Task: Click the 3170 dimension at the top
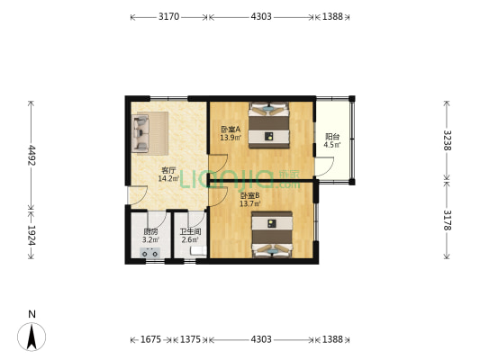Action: [168, 16]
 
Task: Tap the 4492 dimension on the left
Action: [32, 156]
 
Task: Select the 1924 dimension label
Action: [32, 235]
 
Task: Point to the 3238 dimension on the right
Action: [448, 140]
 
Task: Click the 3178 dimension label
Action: [448, 220]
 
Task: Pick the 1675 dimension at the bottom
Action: [150, 339]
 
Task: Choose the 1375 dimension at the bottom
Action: [190, 339]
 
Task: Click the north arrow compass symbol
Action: [32, 337]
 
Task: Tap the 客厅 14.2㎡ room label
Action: [168, 175]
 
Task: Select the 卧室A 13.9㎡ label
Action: [231, 133]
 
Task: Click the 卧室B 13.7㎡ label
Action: [250, 200]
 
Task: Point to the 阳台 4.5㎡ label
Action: [332, 140]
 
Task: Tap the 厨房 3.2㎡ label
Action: [150, 236]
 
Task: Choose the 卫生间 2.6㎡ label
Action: [190, 236]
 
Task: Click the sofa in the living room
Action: [140, 133]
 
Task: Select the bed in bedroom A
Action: [269, 125]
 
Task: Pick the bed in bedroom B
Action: [272, 235]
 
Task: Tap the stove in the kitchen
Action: [150, 253]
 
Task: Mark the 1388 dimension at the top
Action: [332, 16]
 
